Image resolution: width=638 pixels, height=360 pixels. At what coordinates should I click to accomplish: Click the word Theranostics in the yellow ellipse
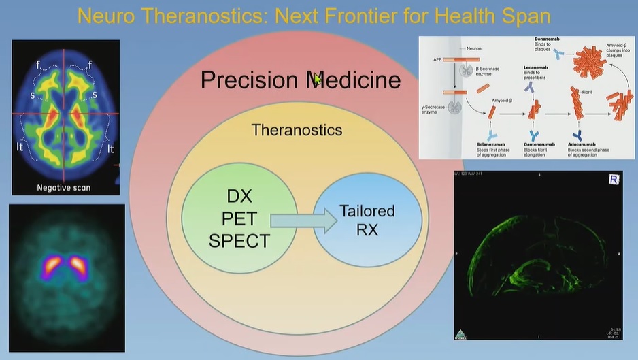pos(297,129)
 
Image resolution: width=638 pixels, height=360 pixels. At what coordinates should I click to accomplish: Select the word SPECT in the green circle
pos(239,240)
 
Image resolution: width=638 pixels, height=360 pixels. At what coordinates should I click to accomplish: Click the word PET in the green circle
pos(239,219)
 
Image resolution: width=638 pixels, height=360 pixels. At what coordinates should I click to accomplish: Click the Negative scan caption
pos(63,187)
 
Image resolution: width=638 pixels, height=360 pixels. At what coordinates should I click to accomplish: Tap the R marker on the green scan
pos(613,180)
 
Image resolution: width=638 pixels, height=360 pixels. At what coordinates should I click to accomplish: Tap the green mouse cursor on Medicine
pos(318,80)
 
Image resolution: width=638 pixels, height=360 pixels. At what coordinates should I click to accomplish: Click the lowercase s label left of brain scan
pos(33,95)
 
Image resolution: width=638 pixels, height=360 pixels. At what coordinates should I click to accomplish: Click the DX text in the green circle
pos(239,197)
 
